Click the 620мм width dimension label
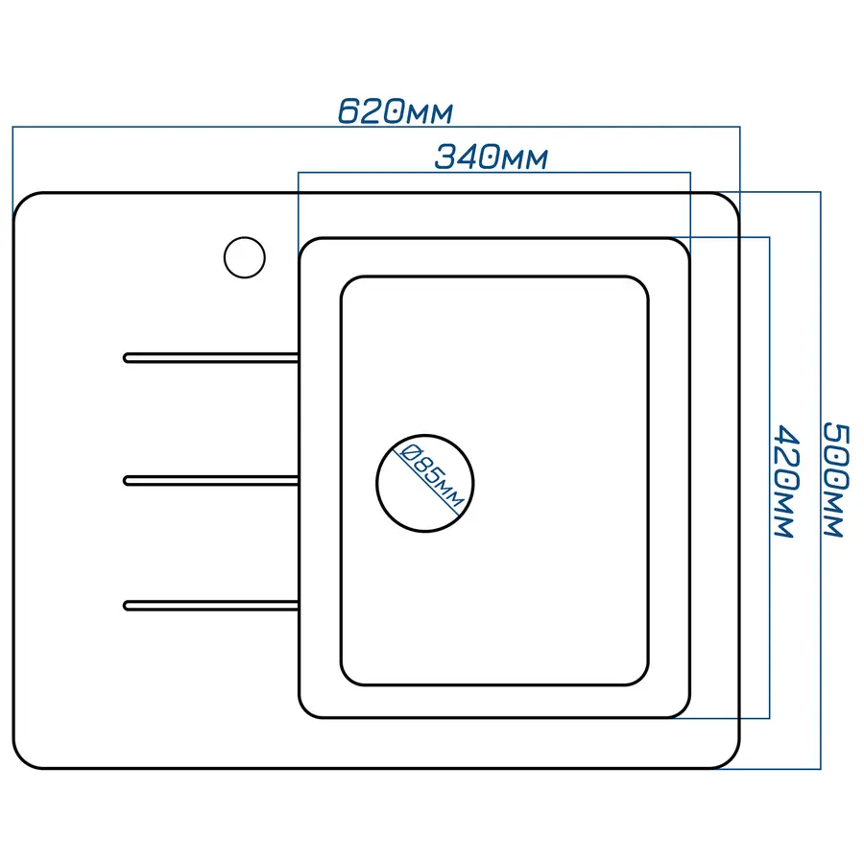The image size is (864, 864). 395,111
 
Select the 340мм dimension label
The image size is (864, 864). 491,156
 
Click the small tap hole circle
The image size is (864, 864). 244,256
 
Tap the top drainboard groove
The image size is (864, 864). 211,358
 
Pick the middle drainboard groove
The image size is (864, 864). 211,480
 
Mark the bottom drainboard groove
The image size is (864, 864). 211,604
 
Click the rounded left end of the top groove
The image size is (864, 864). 128,358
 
